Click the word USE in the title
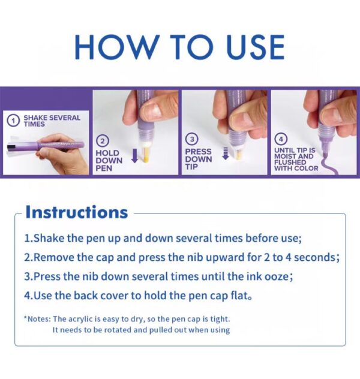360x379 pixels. click(x=256, y=47)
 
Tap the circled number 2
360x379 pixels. click(x=103, y=141)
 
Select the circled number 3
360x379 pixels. click(x=192, y=139)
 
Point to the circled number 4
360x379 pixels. click(x=281, y=139)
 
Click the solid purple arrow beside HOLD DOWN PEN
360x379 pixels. click(x=134, y=155)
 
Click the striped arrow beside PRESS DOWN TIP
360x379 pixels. click(x=226, y=154)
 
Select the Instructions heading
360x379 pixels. click(x=76, y=212)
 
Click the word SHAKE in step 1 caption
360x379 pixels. click(x=35, y=118)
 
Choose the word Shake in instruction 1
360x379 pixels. click(x=49, y=238)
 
